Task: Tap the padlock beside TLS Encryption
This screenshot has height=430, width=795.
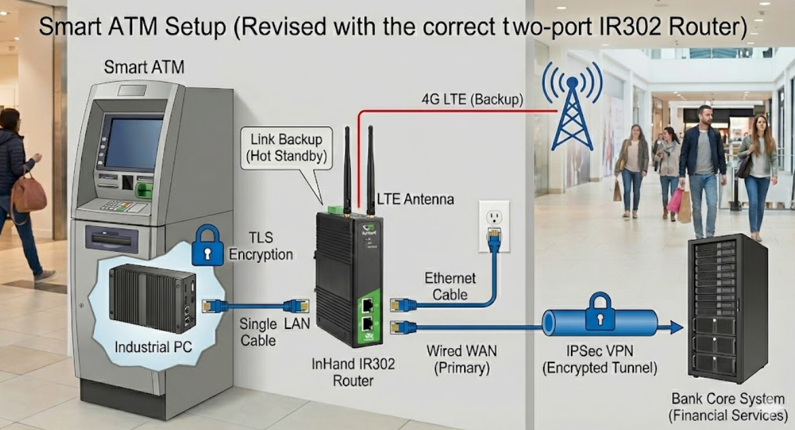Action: tap(207, 246)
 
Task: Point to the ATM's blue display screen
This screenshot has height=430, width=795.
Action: tap(133, 141)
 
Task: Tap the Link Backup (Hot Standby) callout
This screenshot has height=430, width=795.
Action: tap(286, 148)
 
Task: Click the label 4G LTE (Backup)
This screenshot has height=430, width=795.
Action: tap(472, 100)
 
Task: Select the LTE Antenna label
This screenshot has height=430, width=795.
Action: tap(415, 198)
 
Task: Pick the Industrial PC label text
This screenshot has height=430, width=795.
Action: tap(153, 346)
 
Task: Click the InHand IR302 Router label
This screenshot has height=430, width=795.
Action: tap(354, 372)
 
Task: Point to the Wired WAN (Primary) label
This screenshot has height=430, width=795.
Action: tap(462, 359)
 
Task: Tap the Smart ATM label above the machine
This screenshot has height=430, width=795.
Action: tap(144, 67)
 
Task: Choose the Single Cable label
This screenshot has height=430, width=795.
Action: tap(258, 332)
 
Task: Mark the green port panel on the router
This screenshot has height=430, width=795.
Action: tap(367, 316)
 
